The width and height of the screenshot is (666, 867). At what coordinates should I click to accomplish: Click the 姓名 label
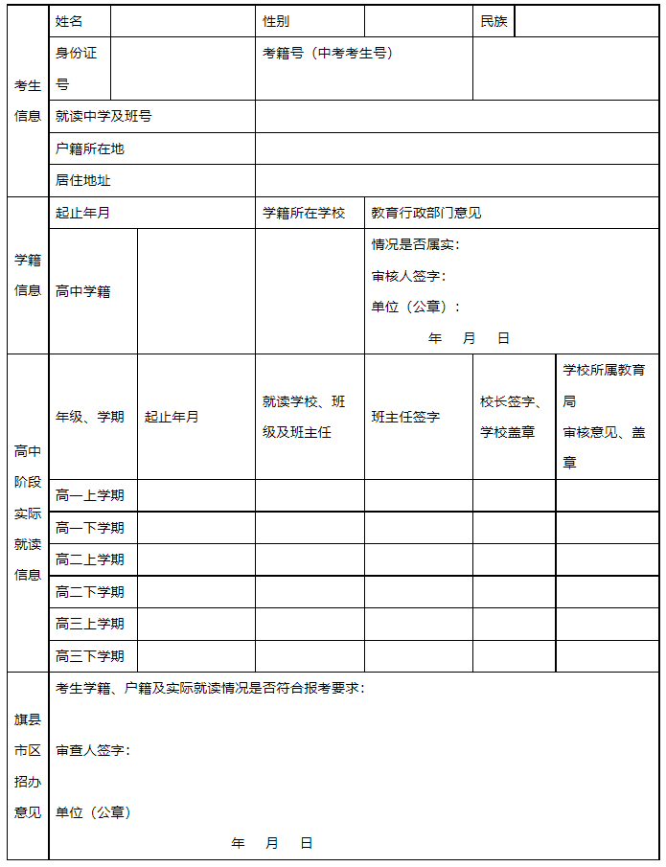click(x=70, y=21)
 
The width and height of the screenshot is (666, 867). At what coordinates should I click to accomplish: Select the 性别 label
click(x=276, y=21)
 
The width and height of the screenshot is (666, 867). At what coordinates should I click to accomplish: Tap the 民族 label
click(x=494, y=21)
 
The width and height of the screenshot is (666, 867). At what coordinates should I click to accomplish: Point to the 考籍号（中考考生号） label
click(x=328, y=54)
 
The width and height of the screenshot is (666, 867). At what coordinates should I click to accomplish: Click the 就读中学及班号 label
click(x=103, y=117)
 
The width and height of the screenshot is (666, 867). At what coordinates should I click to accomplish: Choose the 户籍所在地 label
click(x=90, y=148)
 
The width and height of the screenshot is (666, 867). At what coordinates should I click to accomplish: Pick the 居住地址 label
click(x=83, y=180)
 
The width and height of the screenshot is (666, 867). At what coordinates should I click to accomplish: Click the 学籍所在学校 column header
click(x=304, y=213)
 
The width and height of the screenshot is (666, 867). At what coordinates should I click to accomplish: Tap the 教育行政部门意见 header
click(x=426, y=213)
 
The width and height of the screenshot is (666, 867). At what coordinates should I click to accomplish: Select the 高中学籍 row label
click(x=83, y=291)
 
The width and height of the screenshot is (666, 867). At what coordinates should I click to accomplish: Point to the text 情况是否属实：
click(x=415, y=244)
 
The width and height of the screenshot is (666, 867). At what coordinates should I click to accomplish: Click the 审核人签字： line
click(x=408, y=276)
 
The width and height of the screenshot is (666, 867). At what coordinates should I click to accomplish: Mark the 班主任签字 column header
click(x=406, y=417)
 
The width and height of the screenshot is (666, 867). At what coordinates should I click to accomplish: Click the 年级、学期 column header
click(x=90, y=417)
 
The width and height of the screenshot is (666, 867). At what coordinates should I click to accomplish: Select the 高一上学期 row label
click(x=90, y=495)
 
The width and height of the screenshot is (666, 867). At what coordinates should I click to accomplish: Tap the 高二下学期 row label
click(x=90, y=592)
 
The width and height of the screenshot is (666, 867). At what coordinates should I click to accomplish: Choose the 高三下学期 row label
click(x=90, y=656)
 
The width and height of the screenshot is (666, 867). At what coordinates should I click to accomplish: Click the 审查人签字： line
click(x=92, y=750)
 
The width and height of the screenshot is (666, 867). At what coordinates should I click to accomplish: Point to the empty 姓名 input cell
click(x=182, y=21)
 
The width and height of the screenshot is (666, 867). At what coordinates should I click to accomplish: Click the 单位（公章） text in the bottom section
click(x=93, y=812)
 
